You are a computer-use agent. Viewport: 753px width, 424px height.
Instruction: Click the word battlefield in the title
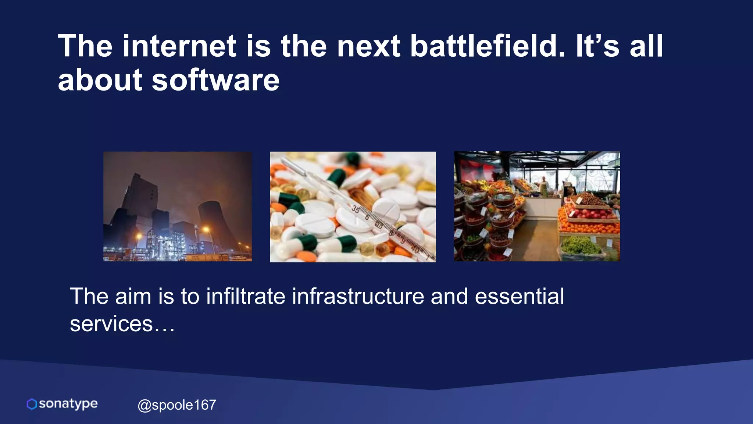coord(487,46)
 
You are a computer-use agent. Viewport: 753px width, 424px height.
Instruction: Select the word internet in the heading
coord(179,46)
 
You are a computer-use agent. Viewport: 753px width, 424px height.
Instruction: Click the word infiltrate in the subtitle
coord(245,296)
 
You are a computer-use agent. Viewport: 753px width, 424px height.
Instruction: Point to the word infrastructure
coord(358,296)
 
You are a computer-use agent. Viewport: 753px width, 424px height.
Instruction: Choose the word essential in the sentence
coord(519,296)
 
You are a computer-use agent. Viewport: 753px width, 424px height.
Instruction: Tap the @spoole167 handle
coord(177,405)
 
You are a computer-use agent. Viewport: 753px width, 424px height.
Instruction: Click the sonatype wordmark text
coord(68,404)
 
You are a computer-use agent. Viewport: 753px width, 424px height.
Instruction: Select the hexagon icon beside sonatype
coord(32,404)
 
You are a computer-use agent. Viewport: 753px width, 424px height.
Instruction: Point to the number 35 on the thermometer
coord(356,209)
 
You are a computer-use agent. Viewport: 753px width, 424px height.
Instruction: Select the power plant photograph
coord(178,206)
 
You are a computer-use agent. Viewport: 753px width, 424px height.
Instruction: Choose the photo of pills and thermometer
coord(353,207)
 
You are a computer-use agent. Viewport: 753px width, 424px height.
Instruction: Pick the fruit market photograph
coord(537,206)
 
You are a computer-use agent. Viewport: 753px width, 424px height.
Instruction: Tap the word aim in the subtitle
coord(133,296)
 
